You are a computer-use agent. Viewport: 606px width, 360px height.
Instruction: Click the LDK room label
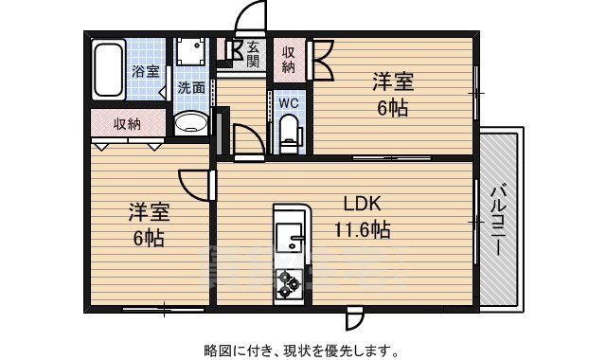pyautogui.click(x=362, y=203)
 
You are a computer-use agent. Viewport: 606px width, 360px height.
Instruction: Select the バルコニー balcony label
pyautogui.click(x=498, y=219)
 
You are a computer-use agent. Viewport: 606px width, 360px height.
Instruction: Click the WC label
pyautogui.click(x=288, y=101)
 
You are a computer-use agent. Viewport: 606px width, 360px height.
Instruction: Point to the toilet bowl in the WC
pyautogui.click(x=289, y=131)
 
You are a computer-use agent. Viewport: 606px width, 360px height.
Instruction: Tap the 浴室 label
pyautogui.click(x=147, y=70)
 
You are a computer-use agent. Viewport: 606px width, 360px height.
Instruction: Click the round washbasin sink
pyautogui.click(x=192, y=123)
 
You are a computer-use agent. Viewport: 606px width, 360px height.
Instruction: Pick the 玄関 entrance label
pyautogui.click(x=253, y=54)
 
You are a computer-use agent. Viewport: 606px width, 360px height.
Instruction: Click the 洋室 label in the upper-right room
pyautogui.click(x=393, y=82)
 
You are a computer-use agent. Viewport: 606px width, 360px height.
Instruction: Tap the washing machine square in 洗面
pyautogui.click(x=193, y=51)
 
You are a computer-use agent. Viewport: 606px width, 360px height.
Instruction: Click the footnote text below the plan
pyautogui.click(x=302, y=350)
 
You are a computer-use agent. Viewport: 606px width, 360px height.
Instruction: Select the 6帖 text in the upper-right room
pyautogui.click(x=393, y=108)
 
